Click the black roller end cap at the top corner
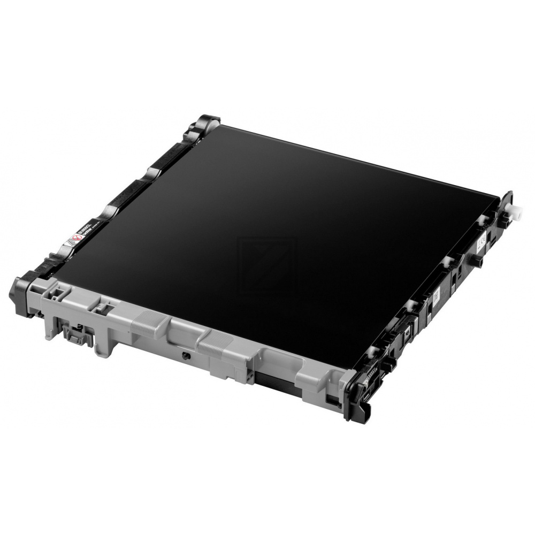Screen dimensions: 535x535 (206, 123)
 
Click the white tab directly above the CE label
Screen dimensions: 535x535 (484, 218)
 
